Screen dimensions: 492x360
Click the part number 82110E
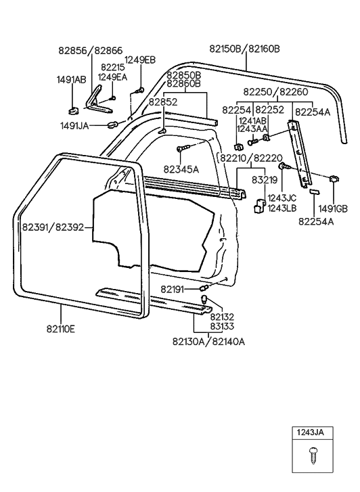pyautogui.click(x=61, y=329)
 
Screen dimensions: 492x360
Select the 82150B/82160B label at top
pyautogui.click(x=244, y=49)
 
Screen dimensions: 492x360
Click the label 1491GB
pyautogui.click(x=334, y=208)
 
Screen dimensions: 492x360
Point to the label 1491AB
pyautogui.click(x=71, y=80)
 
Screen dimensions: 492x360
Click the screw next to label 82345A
pyautogui.click(x=184, y=148)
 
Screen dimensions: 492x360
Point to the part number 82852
pyautogui.click(x=163, y=102)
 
